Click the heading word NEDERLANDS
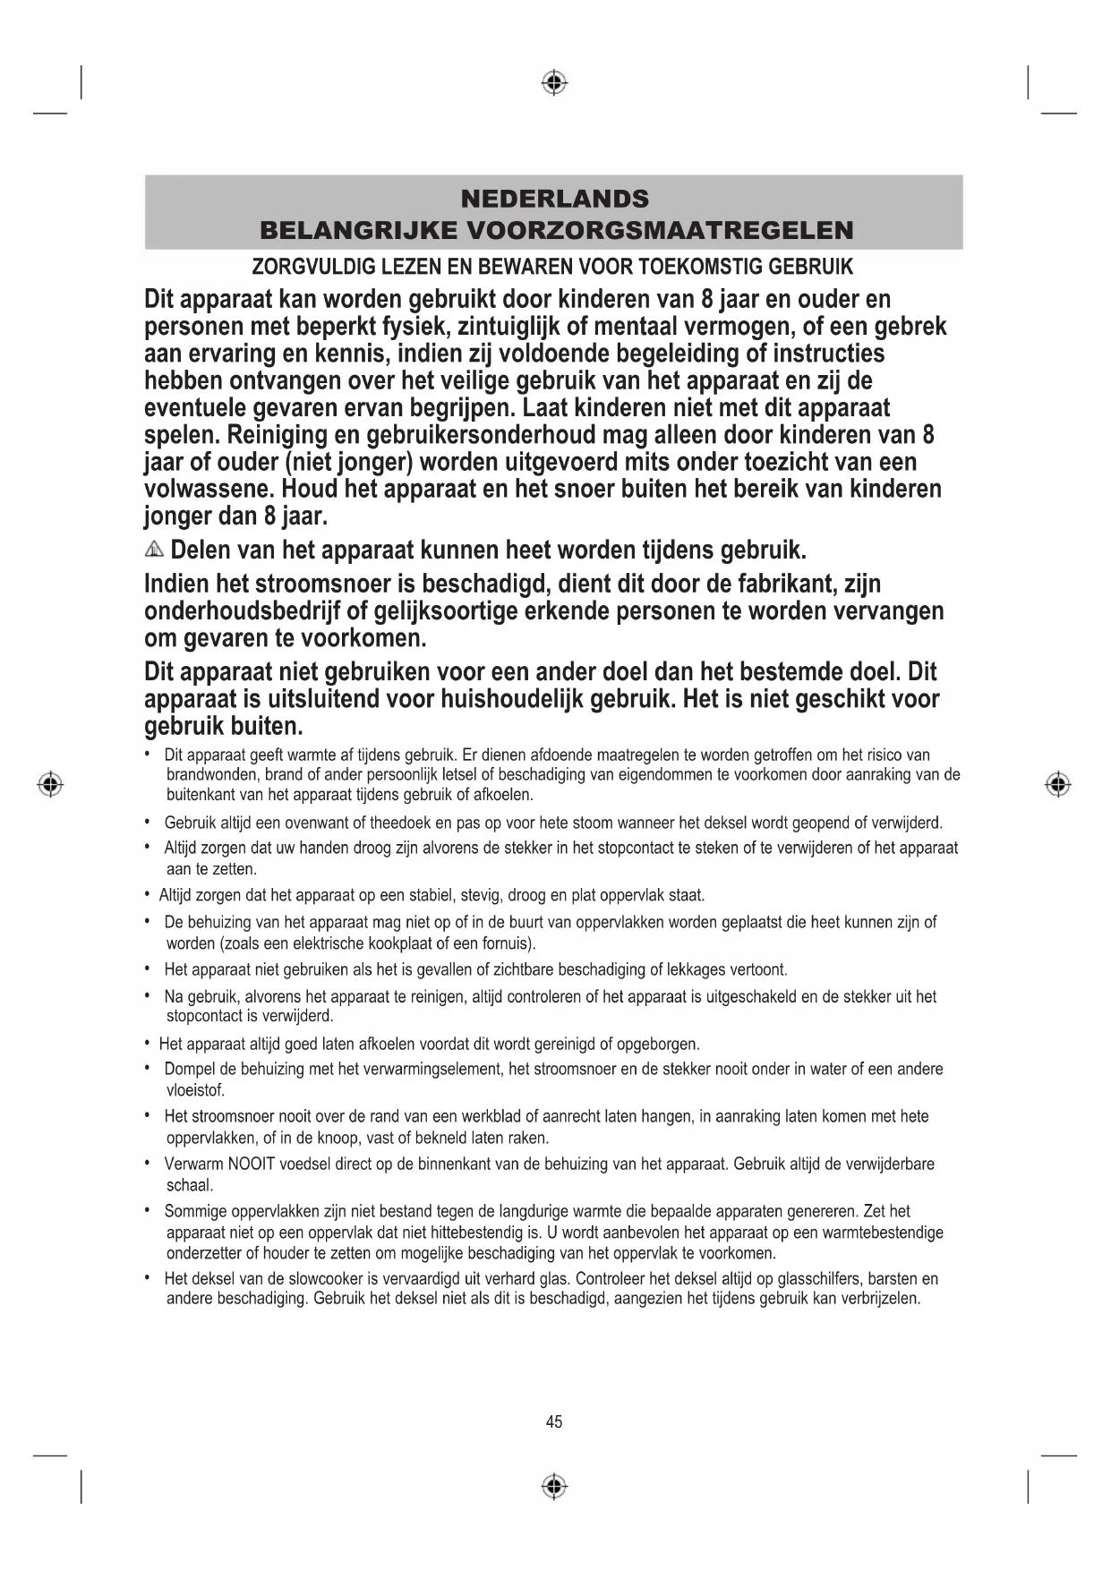554,199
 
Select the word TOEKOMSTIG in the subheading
694,267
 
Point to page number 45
554,1421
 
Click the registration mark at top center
554,83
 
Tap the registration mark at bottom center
554,1487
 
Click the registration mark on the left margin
51,784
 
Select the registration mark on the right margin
1057,784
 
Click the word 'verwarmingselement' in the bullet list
433,1069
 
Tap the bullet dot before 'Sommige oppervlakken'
147,1210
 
